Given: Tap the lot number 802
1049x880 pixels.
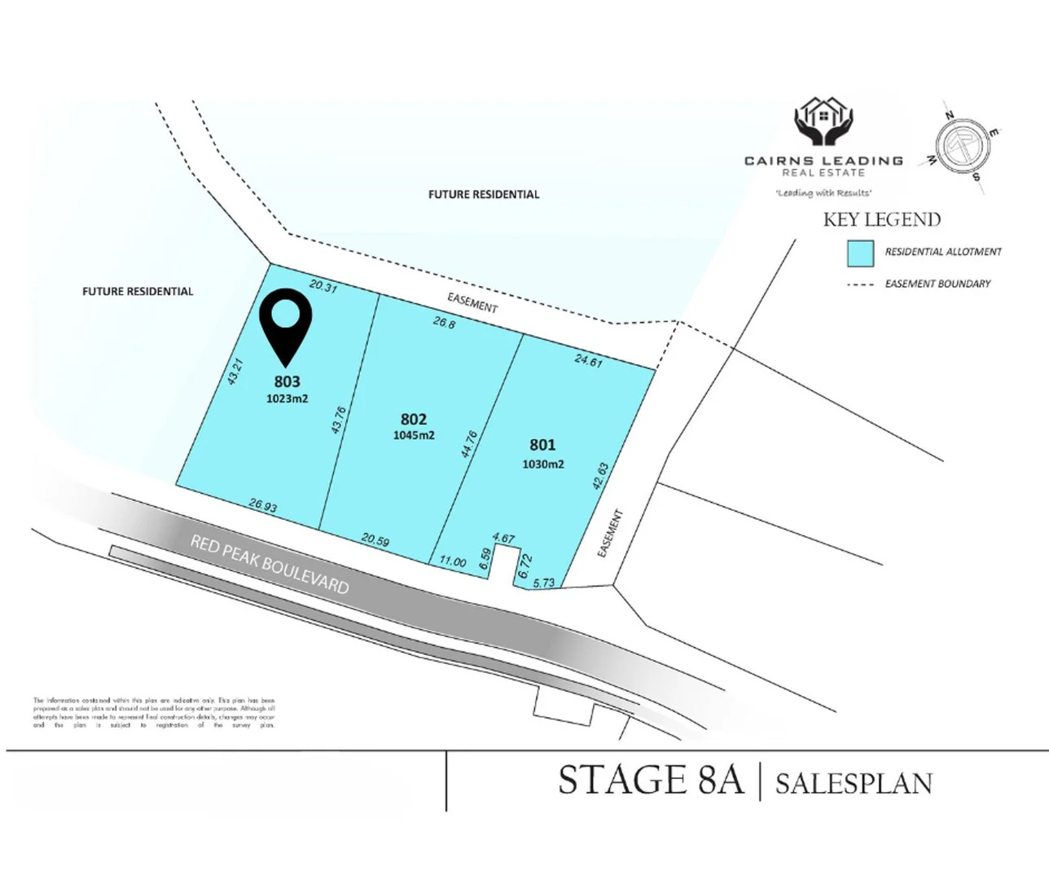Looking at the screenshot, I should click(414, 419).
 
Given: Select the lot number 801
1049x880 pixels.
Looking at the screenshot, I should click(542, 445).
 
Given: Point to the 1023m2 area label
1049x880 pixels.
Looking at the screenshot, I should click(287, 398).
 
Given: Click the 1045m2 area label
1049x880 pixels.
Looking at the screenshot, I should click(414, 435).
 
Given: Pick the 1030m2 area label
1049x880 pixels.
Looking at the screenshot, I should click(543, 464).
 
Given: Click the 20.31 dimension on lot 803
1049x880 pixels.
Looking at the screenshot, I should click(323, 286).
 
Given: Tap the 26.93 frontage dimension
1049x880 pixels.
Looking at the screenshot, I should click(263, 506).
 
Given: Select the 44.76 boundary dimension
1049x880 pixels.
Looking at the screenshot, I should click(469, 444).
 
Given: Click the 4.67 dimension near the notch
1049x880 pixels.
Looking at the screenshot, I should click(504, 538).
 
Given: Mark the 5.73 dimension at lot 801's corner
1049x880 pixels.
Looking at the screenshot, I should click(543, 583).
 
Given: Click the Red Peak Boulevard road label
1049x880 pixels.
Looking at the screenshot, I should click(270, 564).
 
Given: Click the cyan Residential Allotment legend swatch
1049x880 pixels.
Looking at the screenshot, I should click(860, 253).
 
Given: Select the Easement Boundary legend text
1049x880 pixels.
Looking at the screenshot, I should click(937, 284).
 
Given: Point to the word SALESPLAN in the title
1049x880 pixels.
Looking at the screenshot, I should click(854, 784).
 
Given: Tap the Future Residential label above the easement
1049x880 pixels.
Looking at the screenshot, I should click(484, 194).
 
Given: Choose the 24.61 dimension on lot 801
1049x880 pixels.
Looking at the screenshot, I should click(588, 359).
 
